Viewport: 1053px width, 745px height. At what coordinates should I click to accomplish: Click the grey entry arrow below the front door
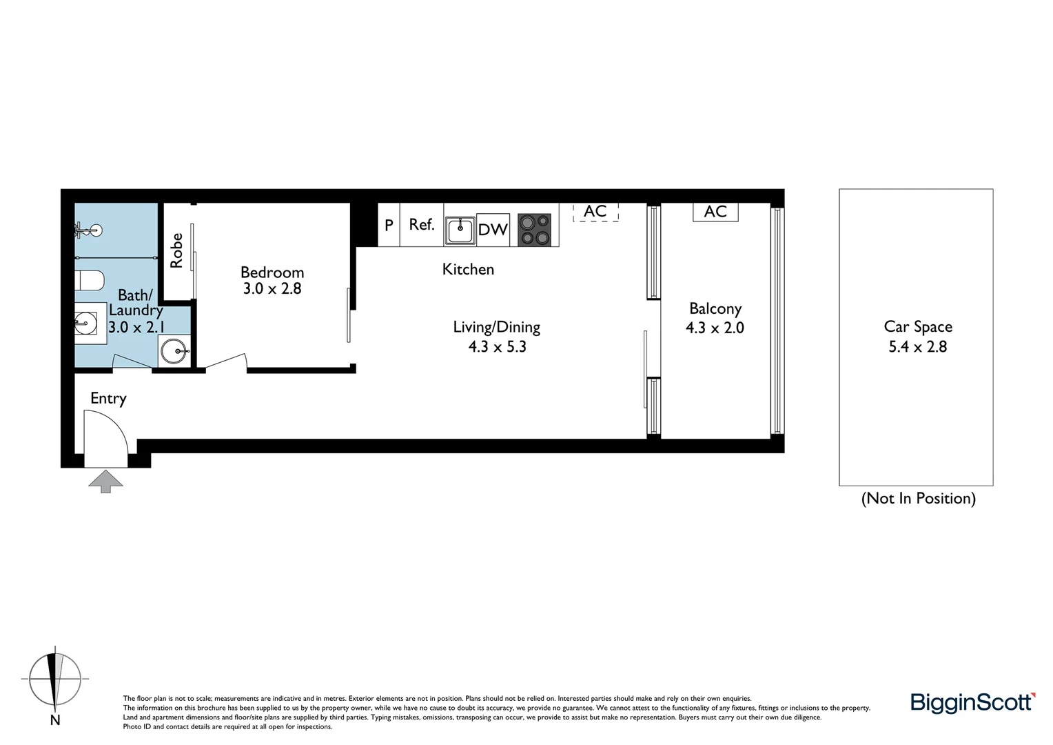[x=105, y=481]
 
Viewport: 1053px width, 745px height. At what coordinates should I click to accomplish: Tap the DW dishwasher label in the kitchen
[x=493, y=230]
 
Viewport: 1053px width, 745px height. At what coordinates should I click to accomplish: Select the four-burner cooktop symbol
[x=535, y=230]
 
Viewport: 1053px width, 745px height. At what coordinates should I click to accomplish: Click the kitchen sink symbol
[x=460, y=230]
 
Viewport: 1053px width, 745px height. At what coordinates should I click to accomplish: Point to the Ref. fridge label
[x=422, y=225]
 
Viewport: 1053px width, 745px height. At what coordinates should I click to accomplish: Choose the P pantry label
[x=389, y=225]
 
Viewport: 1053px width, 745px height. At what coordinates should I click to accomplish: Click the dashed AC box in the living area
[x=595, y=211]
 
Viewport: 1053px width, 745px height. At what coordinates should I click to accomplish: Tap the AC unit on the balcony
[x=715, y=212]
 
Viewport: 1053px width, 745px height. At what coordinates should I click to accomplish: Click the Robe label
[x=177, y=250]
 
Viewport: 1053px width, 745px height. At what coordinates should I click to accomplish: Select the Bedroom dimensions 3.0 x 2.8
[x=272, y=288]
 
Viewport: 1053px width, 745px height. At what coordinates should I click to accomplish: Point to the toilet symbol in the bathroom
[x=89, y=280]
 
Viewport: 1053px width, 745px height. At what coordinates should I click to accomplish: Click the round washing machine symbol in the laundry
[x=174, y=352]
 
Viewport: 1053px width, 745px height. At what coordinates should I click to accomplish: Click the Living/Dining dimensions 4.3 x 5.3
[x=497, y=346]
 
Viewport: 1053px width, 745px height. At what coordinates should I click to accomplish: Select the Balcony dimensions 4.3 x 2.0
[x=715, y=328]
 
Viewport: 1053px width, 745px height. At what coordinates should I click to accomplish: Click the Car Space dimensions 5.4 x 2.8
[x=917, y=346]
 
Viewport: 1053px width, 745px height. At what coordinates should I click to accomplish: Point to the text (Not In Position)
[x=918, y=498]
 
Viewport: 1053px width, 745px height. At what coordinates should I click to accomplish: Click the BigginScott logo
[x=972, y=702]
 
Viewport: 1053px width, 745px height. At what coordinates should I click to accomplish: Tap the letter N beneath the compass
[x=55, y=720]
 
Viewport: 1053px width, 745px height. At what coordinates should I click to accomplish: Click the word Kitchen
[x=468, y=269]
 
